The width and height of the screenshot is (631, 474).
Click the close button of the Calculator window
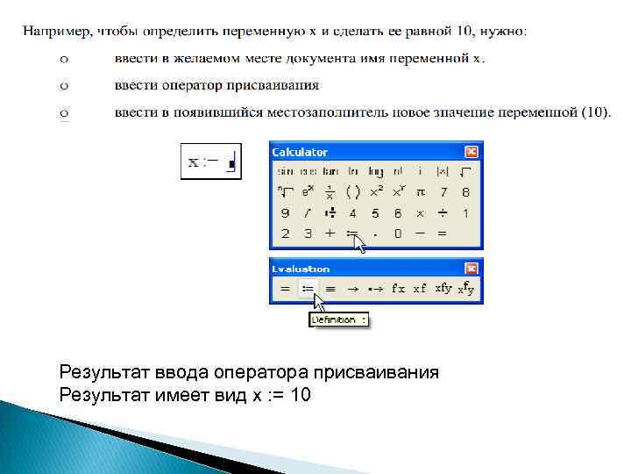pyautogui.click(x=471, y=152)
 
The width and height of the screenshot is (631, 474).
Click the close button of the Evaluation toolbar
pyautogui.click(x=471, y=269)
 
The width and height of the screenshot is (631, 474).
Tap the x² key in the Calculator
pyautogui.click(x=375, y=192)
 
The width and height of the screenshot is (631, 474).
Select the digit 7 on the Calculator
pyautogui.click(x=443, y=192)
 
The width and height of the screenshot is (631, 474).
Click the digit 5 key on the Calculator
pyautogui.click(x=375, y=213)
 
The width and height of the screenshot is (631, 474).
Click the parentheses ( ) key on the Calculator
pyautogui.click(x=352, y=192)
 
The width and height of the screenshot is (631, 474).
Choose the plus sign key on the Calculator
pyautogui.click(x=330, y=234)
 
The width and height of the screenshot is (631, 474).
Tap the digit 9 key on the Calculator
pyautogui.click(x=285, y=213)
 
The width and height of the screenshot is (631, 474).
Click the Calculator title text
pyautogui.click(x=300, y=153)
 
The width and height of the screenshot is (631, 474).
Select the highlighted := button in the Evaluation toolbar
pyautogui.click(x=308, y=289)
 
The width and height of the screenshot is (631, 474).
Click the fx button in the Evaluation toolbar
pyautogui.click(x=398, y=289)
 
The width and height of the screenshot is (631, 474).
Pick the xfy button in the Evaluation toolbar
pyautogui.click(x=443, y=289)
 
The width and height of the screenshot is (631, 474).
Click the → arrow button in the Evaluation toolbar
pyautogui.click(x=353, y=289)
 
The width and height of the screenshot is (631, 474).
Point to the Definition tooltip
pyautogui.click(x=339, y=320)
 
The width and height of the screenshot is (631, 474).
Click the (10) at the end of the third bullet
pyautogui.click(x=595, y=112)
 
